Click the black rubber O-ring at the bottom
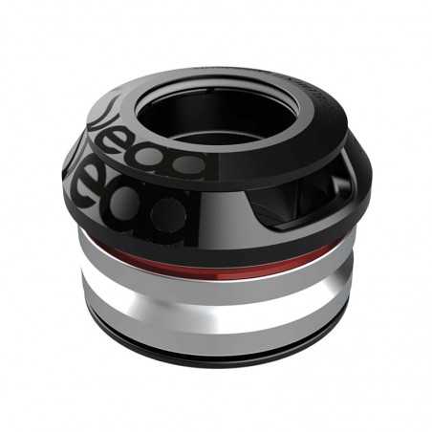point(220,356)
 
